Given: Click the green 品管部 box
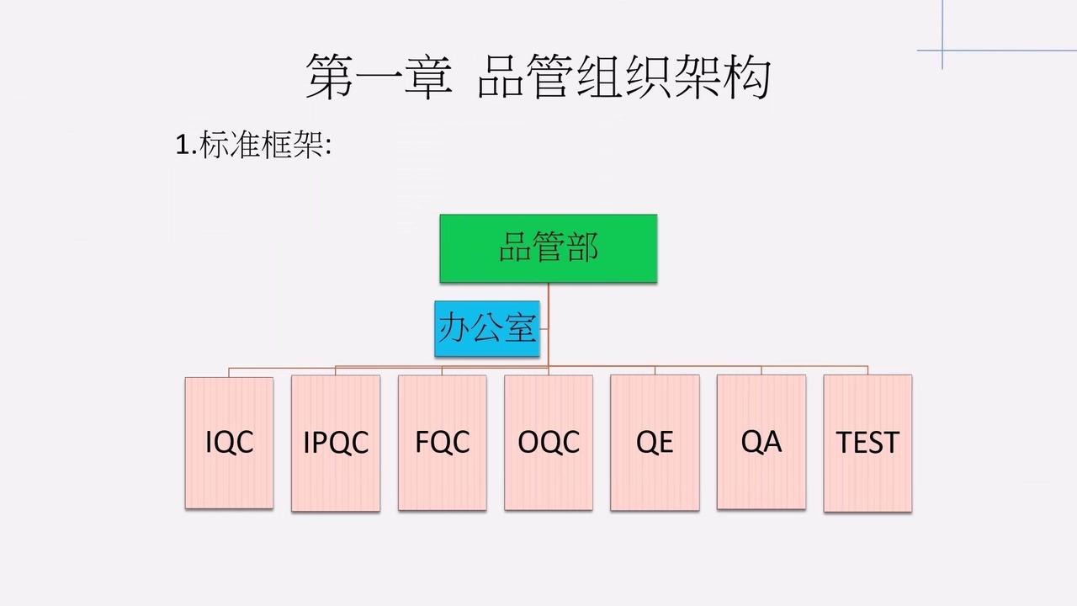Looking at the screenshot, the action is [x=549, y=248].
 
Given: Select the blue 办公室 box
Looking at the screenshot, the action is [x=487, y=328].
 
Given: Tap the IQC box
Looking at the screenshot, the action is [x=230, y=443].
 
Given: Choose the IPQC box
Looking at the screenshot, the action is [x=336, y=443].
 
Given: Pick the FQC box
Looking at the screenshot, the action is [x=443, y=443].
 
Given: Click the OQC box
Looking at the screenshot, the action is [x=549, y=443].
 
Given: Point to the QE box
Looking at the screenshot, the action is [x=655, y=443].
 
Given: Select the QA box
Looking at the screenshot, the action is [x=761, y=442].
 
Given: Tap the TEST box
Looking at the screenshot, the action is [x=867, y=443].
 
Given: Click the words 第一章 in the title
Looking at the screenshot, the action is [x=379, y=77].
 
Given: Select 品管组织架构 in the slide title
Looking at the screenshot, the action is [x=624, y=77].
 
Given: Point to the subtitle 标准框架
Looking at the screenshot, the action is [x=261, y=144].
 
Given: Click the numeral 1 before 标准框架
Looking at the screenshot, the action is [x=183, y=145].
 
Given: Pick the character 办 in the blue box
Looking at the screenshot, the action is [x=454, y=327].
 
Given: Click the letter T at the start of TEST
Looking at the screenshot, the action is [x=844, y=443].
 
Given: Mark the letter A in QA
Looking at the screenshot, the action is [x=772, y=441].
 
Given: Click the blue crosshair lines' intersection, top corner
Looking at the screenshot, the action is [x=942, y=50].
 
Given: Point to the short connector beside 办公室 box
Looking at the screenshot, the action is [x=544, y=329].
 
